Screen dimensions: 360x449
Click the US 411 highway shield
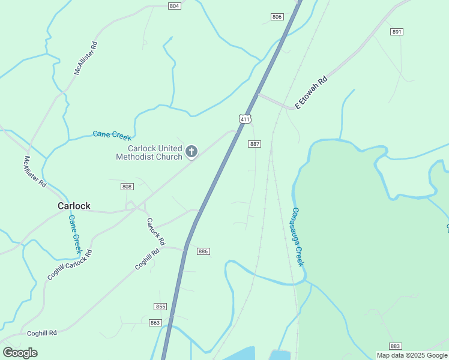(244, 119)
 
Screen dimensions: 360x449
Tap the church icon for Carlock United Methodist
(191, 152)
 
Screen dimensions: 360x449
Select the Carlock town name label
(74, 206)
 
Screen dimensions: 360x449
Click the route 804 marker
(174, 6)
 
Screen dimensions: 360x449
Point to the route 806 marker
(277, 17)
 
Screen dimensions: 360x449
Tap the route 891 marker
(396, 31)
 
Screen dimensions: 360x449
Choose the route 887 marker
(255, 144)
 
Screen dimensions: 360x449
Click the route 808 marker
(127, 187)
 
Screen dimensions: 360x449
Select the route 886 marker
(203, 251)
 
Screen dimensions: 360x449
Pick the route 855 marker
(160, 307)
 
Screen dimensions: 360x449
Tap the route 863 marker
(155, 323)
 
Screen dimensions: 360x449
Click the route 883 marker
(395, 346)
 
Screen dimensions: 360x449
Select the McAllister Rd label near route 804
(85, 58)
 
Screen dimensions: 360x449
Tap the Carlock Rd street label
(156, 231)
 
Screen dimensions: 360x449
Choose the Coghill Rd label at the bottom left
(41, 332)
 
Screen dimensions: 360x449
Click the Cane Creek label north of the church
(112, 135)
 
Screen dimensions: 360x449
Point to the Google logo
(20, 353)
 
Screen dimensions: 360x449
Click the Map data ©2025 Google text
(412, 355)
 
